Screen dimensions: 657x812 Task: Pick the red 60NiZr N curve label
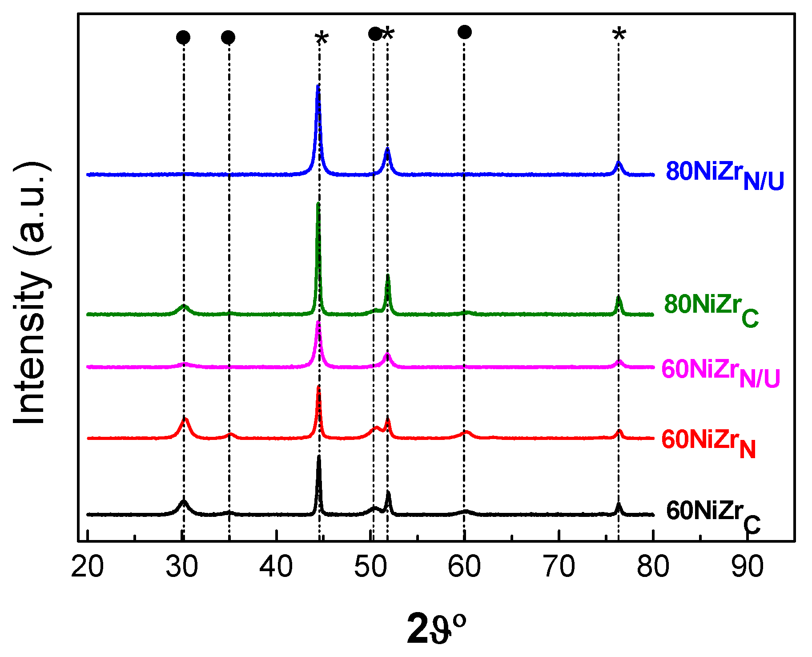point(708,443)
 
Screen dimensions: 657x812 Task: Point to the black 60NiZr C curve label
point(713,515)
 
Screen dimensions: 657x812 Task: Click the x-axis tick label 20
point(88,567)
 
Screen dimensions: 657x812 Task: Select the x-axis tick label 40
point(276,567)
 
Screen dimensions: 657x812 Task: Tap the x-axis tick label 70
point(559,567)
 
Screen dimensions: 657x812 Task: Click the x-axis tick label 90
point(748,567)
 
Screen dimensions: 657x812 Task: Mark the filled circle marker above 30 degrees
point(183,37)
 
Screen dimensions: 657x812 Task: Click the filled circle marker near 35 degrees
point(228,37)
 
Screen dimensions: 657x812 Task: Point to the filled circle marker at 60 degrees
point(464,32)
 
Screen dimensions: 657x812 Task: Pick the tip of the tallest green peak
point(318,204)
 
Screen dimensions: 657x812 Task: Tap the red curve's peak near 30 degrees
point(185,418)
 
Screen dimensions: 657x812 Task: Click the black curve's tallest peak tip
point(318,457)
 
